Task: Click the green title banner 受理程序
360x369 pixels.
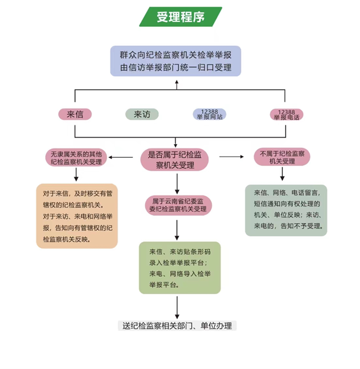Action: coord(180,17)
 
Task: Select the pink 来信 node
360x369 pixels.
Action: coord(75,114)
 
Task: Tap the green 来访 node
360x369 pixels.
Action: coord(142,114)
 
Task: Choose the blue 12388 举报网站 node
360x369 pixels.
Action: coord(209,114)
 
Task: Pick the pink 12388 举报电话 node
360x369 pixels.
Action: coord(286,114)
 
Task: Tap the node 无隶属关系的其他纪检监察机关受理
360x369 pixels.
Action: coord(75,157)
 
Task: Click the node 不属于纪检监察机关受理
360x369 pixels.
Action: coord(282,157)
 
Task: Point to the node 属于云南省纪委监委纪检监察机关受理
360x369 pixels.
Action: coord(178,205)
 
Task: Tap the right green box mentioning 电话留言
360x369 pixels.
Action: coord(286,210)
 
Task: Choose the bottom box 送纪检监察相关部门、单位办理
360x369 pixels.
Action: coord(178,325)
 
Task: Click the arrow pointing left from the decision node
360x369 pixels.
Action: coord(123,157)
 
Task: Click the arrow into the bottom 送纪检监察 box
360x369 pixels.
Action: coord(177,306)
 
